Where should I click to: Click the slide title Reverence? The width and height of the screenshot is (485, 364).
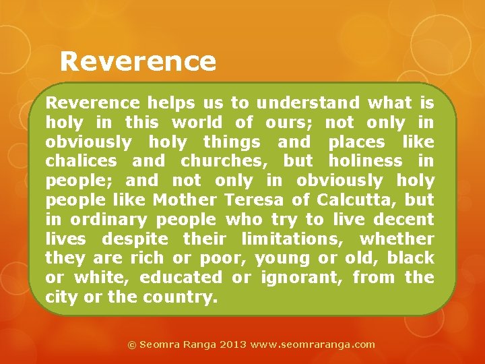click(x=137, y=62)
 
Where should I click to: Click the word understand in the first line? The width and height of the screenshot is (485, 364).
click(x=308, y=103)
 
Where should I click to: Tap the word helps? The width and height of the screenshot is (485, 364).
click(x=171, y=103)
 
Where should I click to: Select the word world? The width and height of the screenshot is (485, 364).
click(x=197, y=123)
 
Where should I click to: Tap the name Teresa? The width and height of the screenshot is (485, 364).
click(x=255, y=200)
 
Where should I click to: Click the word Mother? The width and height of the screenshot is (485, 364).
click(x=184, y=200)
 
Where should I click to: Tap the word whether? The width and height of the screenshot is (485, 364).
click(x=397, y=239)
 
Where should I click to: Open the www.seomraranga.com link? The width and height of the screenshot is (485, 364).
click(x=313, y=344)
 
